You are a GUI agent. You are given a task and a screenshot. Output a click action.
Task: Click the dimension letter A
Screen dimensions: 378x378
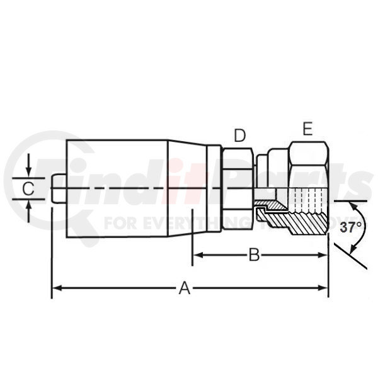pyautogui.click(x=185, y=288)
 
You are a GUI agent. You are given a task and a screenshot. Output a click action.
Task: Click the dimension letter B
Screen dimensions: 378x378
pyautogui.click(x=254, y=255)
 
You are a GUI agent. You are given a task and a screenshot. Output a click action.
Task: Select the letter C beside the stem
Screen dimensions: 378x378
pyautogui.click(x=28, y=188)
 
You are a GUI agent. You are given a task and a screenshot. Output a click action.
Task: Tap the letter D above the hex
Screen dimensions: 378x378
pyautogui.click(x=239, y=135)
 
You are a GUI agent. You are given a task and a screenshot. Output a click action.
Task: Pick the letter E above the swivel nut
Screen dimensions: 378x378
pyautogui.click(x=307, y=129)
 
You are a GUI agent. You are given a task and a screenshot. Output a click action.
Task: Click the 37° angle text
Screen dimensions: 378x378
pyautogui.click(x=351, y=227)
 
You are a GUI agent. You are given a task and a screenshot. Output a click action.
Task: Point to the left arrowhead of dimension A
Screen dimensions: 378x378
pyautogui.click(x=57, y=288)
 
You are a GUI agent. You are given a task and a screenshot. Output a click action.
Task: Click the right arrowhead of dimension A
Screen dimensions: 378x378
pyautogui.click(x=323, y=288)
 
